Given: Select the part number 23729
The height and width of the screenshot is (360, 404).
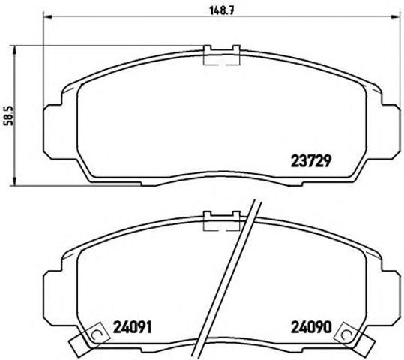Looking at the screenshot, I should click(x=310, y=160).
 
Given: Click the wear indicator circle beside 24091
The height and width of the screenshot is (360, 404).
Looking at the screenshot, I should click(x=94, y=336).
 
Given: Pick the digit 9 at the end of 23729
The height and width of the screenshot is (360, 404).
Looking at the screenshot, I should click(x=328, y=160).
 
